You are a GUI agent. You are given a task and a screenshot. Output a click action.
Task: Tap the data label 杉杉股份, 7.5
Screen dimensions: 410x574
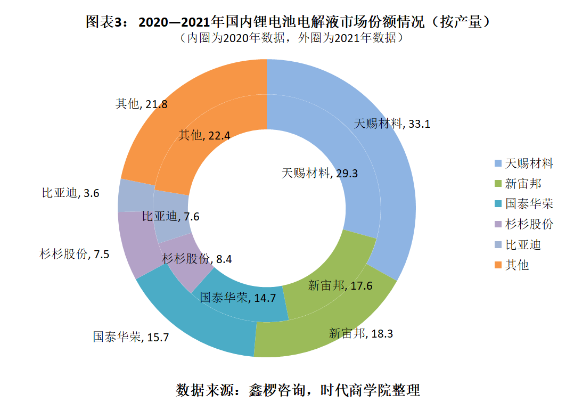click(75, 254)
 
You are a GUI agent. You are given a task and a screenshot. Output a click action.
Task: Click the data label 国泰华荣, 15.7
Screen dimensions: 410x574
click(131, 337)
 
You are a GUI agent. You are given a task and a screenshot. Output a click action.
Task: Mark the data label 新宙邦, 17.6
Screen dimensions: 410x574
click(340, 286)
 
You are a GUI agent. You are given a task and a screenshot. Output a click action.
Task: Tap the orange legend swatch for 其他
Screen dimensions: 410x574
click(497, 265)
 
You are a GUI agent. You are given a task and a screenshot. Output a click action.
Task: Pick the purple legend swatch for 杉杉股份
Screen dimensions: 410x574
click(497, 224)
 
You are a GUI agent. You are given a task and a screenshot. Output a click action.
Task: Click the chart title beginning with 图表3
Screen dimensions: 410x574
click(288, 22)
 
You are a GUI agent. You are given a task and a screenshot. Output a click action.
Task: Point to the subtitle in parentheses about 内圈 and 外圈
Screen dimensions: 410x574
click(288, 38)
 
